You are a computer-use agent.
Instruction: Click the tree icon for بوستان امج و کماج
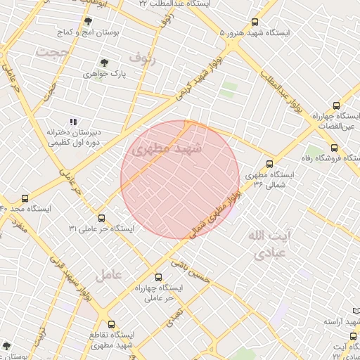coord(88,22)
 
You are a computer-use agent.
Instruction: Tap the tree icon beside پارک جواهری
coord(105,63)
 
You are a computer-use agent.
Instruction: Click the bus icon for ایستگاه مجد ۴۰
coord(25,199)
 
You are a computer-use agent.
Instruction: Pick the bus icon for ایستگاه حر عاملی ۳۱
coord(101,218)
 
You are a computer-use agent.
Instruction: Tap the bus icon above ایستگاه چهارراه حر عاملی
coord(158,277)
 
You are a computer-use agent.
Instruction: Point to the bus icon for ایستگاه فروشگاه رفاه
coord(334,148)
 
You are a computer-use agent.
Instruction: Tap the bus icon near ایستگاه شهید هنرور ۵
coord(254,22)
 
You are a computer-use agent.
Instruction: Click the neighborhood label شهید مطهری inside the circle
coord(167,150)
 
